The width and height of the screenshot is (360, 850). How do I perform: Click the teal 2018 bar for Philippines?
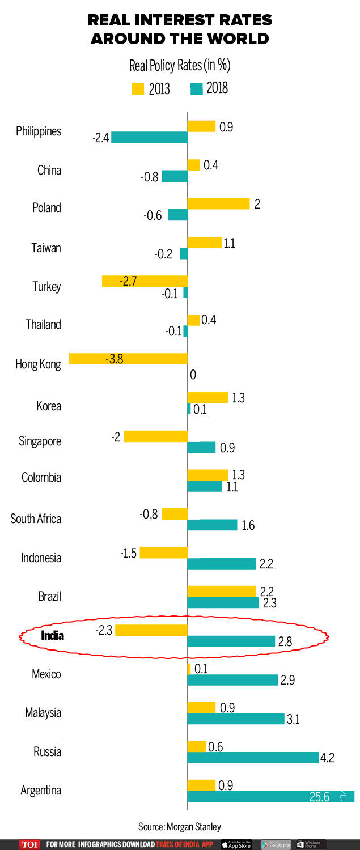pyautogui.click(x=149, y=137)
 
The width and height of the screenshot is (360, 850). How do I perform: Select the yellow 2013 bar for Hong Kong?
pyautogui.click(x=128, y=359)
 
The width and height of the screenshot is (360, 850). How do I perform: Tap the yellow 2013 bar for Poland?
pyautogui.click(x=218, y=203)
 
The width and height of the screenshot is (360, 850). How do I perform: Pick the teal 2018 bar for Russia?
pyautogui.click(x=253, y=758)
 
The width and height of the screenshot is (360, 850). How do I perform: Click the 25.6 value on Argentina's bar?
pyautogui.click(x=319, y=797)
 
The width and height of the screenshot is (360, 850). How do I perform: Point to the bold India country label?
pyautogui.click(x=52, y=635)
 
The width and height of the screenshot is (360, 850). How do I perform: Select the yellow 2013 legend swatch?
pyautogui.click(x=138, y=89)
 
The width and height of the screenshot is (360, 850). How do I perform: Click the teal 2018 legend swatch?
pyautogui.click(x=197, y=89)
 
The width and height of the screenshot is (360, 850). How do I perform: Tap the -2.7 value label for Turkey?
pyautogui.click(x=129, y=281)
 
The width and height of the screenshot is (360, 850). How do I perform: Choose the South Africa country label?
pyautogui.click(x=36, y=518)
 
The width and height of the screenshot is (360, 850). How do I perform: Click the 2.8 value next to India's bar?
pyautogui.click(x=285, y=641)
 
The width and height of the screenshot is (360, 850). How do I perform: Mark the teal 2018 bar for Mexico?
pyautogui.click(x=232, y=680)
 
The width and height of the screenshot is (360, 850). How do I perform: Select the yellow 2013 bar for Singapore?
pyautogui.click(x=156, y=436)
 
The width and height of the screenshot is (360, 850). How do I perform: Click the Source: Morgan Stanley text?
pyautogui.click(x=180, y=826)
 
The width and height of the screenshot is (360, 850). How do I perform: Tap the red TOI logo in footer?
pyautogui.click(x=29, y=844)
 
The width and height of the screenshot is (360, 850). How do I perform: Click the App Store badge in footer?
pyautogui.click(x=236, y=844)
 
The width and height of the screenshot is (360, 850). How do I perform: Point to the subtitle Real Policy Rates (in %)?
pyautogui.click(x=180, y=66)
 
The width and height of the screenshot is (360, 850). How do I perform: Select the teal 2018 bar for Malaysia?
pyautogui.click(x=235, y=719)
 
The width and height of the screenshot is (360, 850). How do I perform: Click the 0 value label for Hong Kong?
pyautogui.click(x=193, y=375)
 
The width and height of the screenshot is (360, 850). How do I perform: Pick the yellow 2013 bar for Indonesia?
pyautogui.click(x=163, y=552)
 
